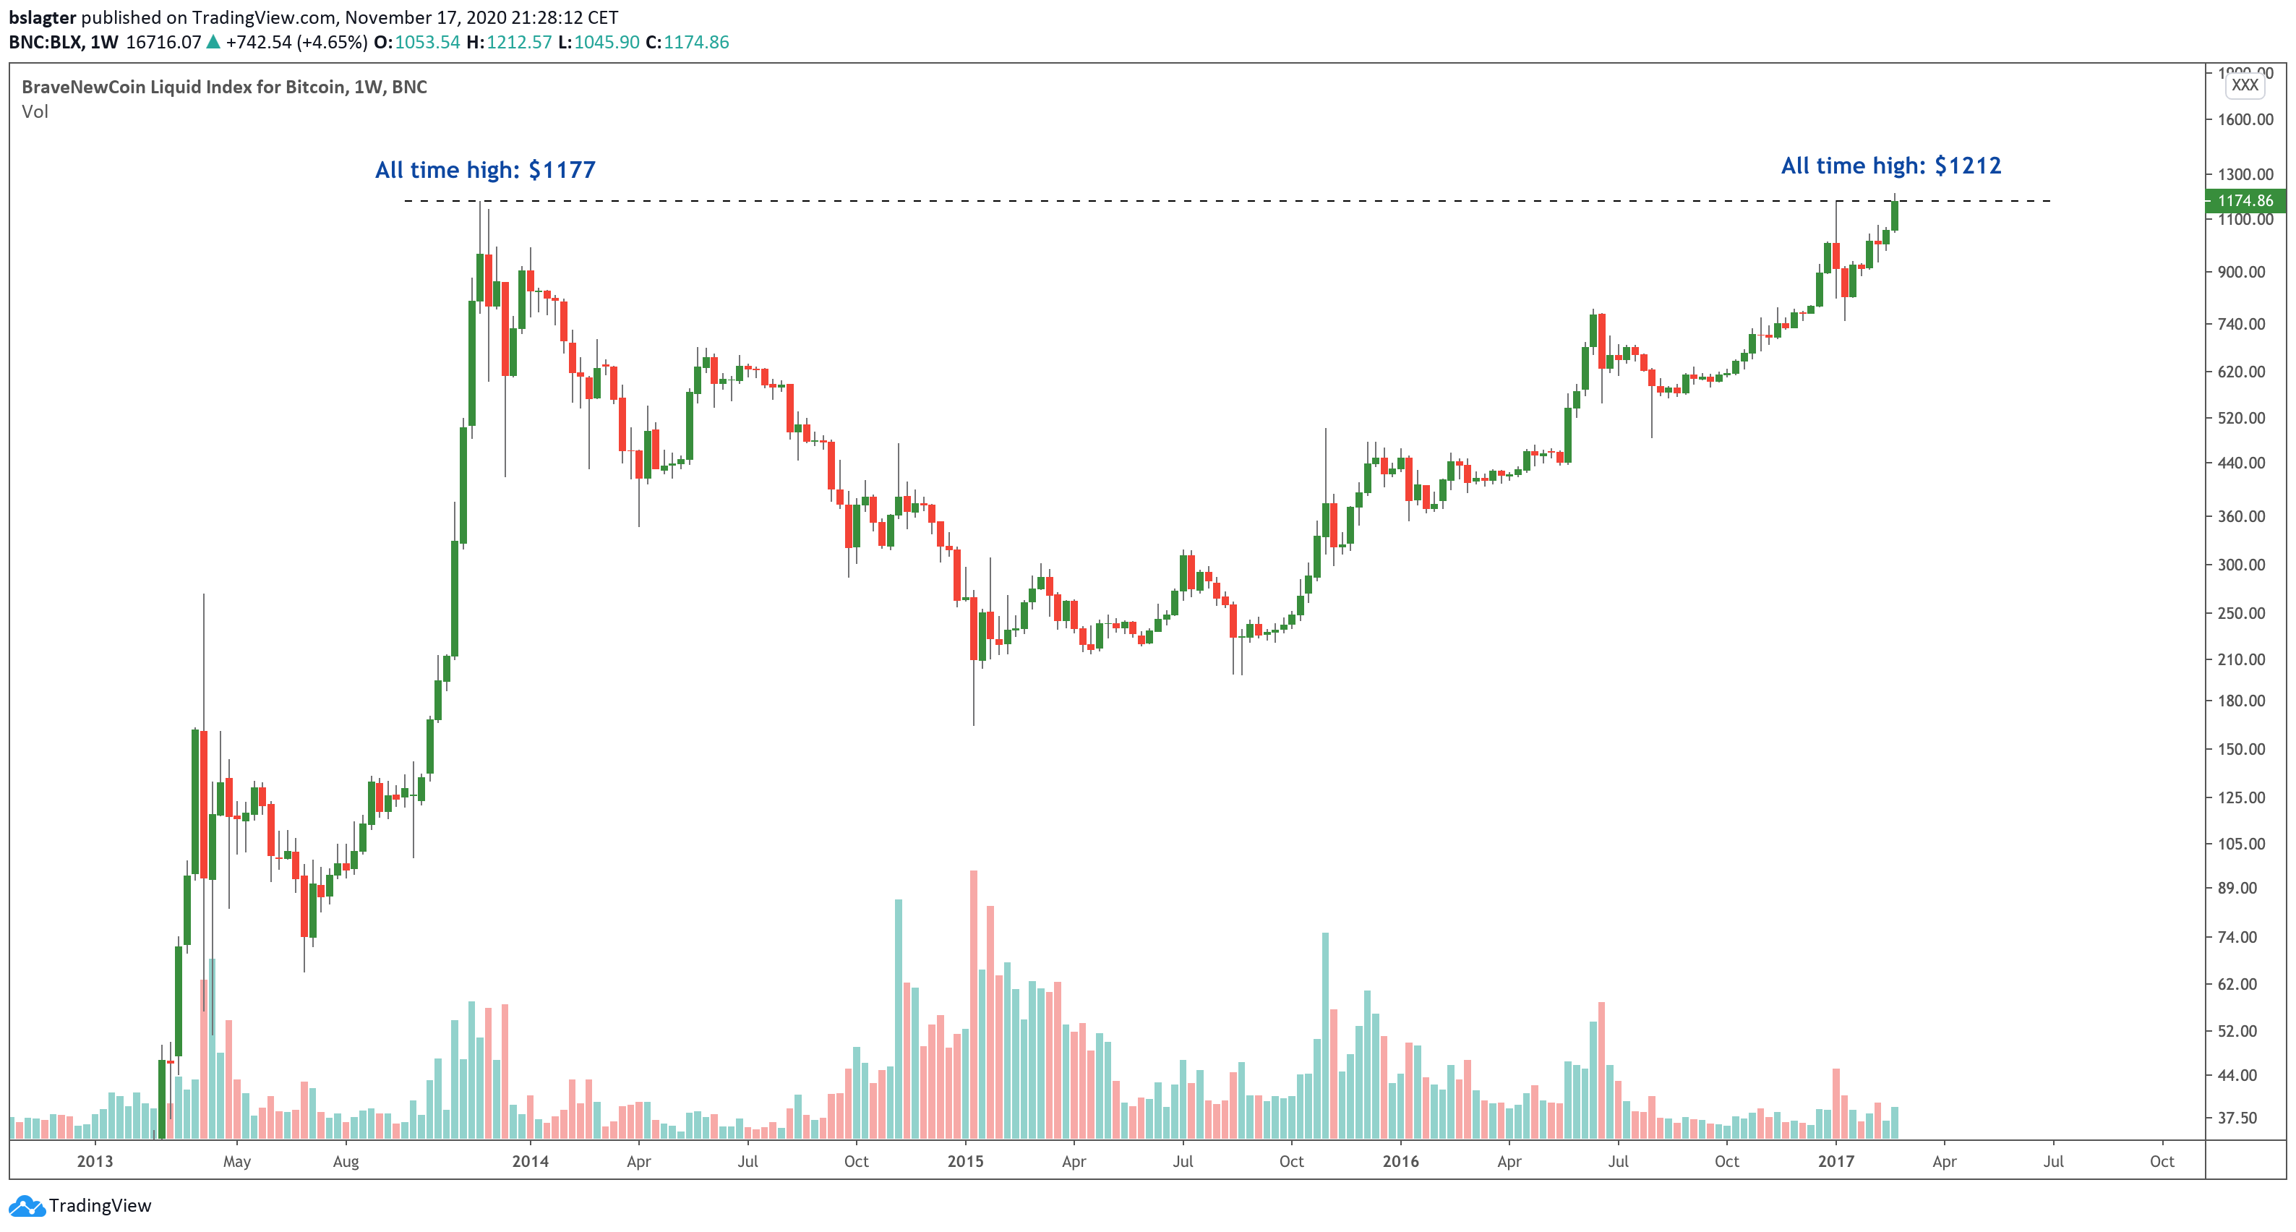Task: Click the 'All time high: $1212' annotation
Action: click(1890, 166)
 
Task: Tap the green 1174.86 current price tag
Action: click(2244, 200)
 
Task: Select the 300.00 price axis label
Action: click(2241, 564)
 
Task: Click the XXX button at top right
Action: click(2244, 85)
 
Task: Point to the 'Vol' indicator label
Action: click(35, 111)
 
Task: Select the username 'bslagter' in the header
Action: click(43, 17)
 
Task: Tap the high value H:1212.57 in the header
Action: click(509, 42)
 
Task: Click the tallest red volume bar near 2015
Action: click(973, 1004)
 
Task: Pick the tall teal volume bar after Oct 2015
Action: click(1325, 1034)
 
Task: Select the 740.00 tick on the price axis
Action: click(2241, 324)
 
